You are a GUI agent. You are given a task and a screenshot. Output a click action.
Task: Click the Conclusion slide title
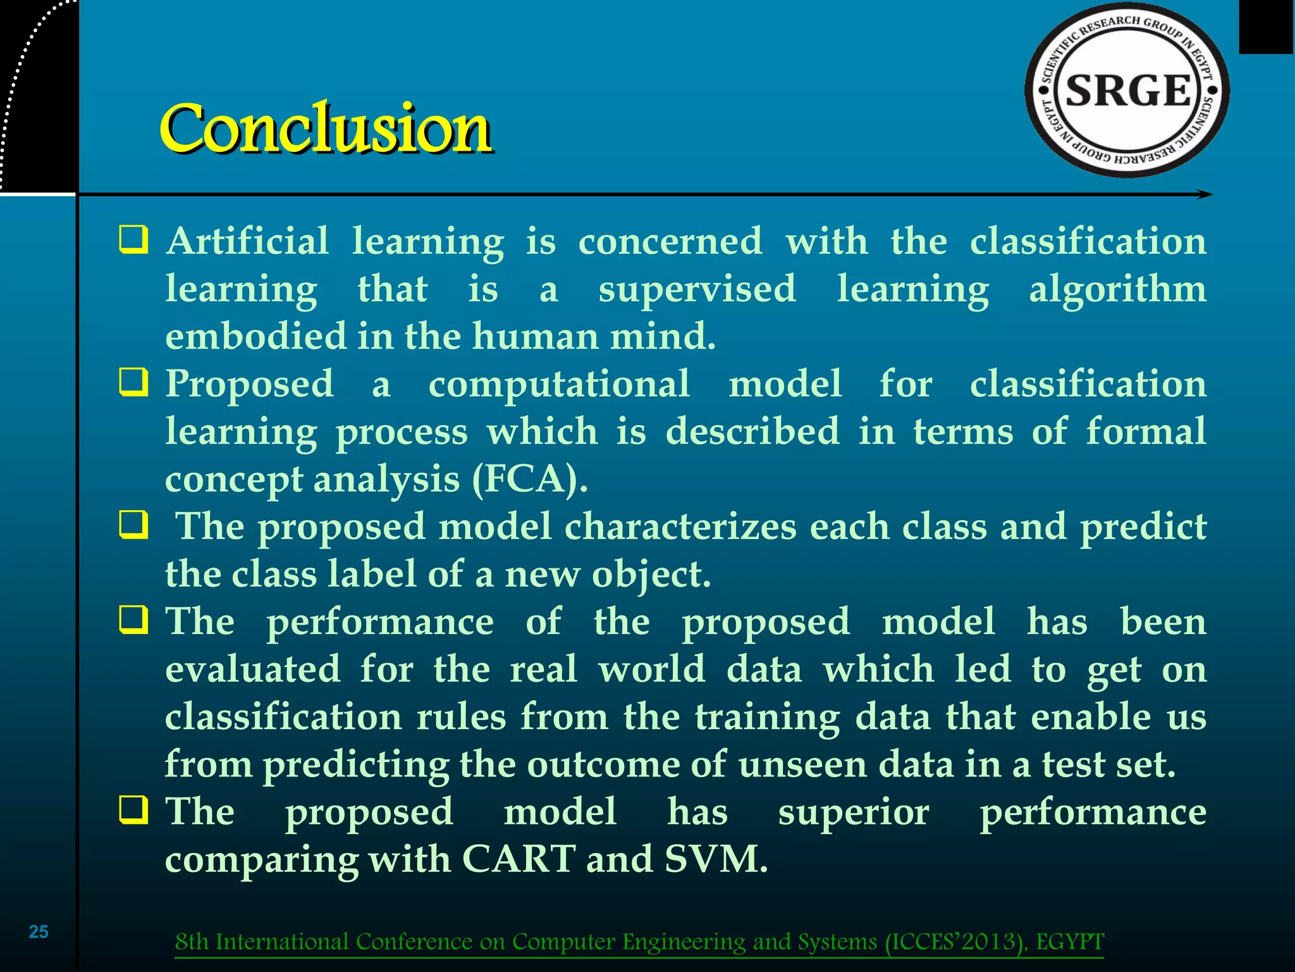pyautogui.click(x=325, y=128)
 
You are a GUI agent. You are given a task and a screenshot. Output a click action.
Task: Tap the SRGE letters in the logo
pyautogui.click(x=1128, y=90)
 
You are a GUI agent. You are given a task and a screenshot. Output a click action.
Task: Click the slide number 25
pyautogui.click(x=39, y=931)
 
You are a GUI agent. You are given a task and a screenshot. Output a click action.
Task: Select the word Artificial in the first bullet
pyautogui.click(x=247, y=241)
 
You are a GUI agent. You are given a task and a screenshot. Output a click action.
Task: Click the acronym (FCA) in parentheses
pyautogui.click(x=530, y=479)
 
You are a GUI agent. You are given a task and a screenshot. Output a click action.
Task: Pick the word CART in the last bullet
pyautogui.click(x=519, y=859)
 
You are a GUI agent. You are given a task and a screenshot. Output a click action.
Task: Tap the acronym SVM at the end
pyautogui.click(x=715, y=859)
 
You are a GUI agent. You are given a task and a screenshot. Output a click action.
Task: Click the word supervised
pyautogui.click(x=697, y=289)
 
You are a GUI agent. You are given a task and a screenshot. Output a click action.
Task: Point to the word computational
pyautogui.click(x=559, y=384)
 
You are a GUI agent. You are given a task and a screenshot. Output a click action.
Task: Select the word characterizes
pyautogui.click(x=680, y=526)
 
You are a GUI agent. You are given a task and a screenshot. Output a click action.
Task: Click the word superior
pyautogui.click(x=854, y=812)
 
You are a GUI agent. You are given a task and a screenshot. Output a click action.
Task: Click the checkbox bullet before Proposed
pyautogui.click(x=133, y=383)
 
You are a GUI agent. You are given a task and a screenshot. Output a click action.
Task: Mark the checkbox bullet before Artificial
pyautogui.click(x=133, y=241)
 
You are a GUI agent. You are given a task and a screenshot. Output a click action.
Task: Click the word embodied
pyautogui.click(x=255, y=337)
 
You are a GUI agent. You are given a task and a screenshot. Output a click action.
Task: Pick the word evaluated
pyautogui.click(x=252, y=670)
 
